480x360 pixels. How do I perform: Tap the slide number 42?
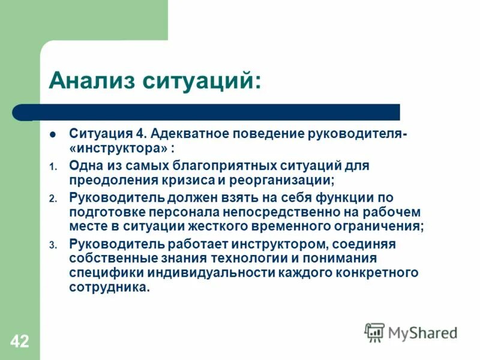tap(19, 342)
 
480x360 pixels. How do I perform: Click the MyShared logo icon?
tap(374, 332)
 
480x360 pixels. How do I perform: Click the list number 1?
tap(52, 166)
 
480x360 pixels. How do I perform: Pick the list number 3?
tap(52, 245)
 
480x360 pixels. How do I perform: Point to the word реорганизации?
tap(281, 179)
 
